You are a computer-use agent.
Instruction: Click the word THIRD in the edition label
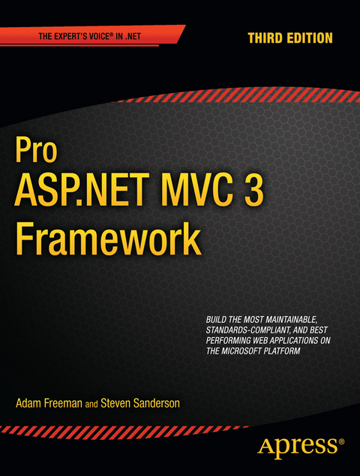point(265,37)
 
